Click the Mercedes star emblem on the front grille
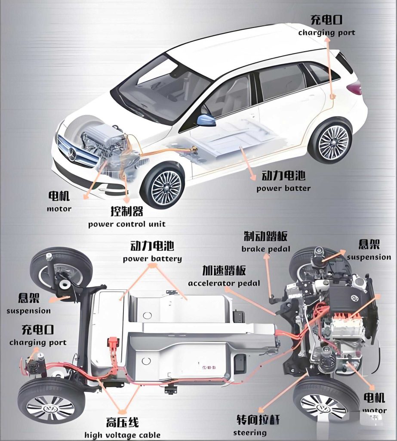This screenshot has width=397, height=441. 71,153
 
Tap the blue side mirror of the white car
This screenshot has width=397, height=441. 206,120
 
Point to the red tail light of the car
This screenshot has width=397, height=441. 355,88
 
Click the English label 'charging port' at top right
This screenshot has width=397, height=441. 327,33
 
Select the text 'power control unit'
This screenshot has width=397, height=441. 127,224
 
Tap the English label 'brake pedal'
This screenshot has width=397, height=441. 266,249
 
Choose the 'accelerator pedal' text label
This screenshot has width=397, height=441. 224,283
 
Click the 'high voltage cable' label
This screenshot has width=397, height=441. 123,435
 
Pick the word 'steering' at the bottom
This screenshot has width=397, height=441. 250,432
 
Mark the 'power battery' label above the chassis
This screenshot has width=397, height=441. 152,259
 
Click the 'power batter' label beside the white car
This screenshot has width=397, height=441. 283,188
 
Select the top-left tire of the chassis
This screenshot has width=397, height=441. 61,269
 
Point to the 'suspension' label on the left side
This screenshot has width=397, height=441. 28,311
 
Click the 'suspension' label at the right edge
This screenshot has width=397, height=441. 369,257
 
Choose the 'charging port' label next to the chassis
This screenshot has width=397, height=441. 38,343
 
